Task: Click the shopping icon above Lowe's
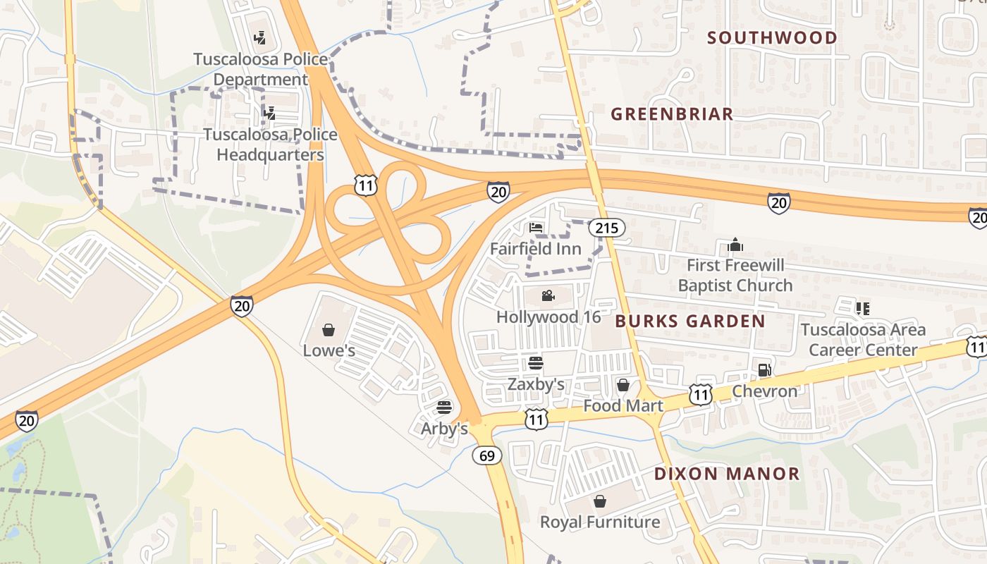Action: point(329,329)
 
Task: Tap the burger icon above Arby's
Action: point(444,407)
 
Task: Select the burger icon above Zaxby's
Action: point(536,363)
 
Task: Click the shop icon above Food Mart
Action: point(623,385)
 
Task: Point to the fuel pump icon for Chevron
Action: point(764,369)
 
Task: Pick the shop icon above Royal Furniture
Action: point(600,501)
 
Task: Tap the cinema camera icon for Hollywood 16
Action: point(548,295)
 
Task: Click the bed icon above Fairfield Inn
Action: point(536,228)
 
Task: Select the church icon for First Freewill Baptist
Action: point(735,245)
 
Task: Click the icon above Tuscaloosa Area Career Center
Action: point(862,308)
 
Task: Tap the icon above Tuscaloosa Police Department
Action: point(261,37)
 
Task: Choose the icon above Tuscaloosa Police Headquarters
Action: point(269,112)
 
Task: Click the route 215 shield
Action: point(606,227)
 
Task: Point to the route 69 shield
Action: point(487,455)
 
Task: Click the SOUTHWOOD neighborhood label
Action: point(772,38)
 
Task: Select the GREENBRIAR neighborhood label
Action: point(672,114)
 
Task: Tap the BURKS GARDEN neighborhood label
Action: point(690,321)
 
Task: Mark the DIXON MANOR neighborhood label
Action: point(727,474)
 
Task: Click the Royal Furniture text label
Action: point(600,522)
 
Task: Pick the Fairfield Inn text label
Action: point(536,249)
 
